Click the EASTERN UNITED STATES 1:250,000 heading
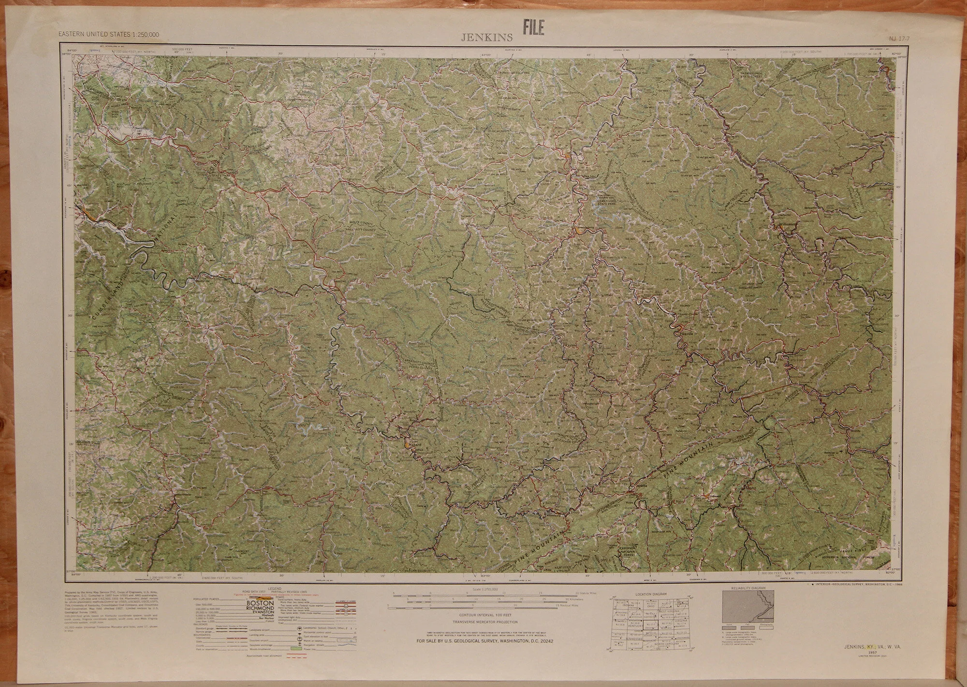(x=109, y=34)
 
